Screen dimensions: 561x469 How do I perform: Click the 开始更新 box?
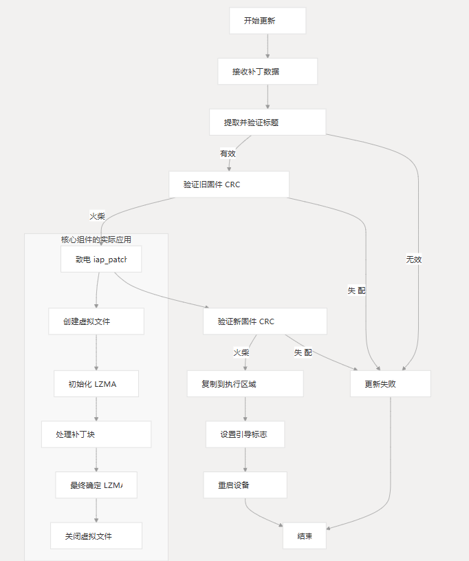tap(267, 21)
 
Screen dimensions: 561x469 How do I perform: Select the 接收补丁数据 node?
tap(267, 72)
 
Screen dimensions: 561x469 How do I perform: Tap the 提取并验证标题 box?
tap(267, 123)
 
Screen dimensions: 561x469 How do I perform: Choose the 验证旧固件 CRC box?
tap(229, 184)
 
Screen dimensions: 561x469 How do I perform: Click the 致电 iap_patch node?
tap(101, 259)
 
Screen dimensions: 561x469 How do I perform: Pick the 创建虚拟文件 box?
tap(96, 321)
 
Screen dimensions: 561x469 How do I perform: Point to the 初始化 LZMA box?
tap(96, 384)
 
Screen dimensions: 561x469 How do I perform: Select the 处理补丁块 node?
tap(96, 434)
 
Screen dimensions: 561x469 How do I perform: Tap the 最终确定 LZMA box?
tap(96, 485)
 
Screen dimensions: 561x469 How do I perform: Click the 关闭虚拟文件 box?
tap(96, 536)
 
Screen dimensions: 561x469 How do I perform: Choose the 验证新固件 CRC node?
tap(265, 321)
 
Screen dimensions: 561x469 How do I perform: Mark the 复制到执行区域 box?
tap(245, 384)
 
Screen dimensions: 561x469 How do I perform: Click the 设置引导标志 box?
tap(245, 434)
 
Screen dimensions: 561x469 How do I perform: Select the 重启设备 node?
tap(245, 485)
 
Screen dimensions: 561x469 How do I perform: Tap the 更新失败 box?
tap(390, 384)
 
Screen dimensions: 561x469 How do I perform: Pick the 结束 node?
tap(304, 536)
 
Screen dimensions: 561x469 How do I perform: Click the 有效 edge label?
tap(228, 154)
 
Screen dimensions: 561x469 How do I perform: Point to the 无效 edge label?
tap(413, 260)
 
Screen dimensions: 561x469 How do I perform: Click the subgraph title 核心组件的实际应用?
tap(96, 240)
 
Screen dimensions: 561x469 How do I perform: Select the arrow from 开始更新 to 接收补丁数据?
tap(267, 46)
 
